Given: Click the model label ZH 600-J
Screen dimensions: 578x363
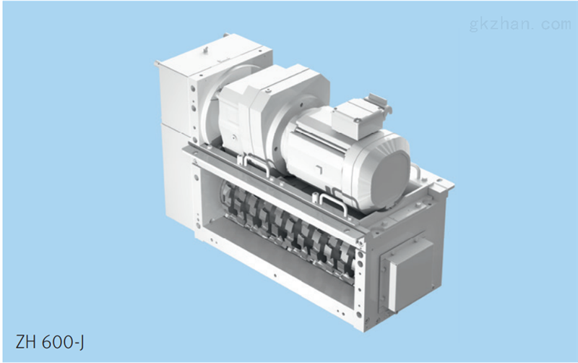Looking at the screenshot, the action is pyautogui.click(x=50, y=342).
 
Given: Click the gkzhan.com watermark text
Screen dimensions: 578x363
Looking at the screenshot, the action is pyautogui.click(x=520, y=25).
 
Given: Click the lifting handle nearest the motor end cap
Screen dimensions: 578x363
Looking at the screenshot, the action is pyautogui.click(x=333, y=204).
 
